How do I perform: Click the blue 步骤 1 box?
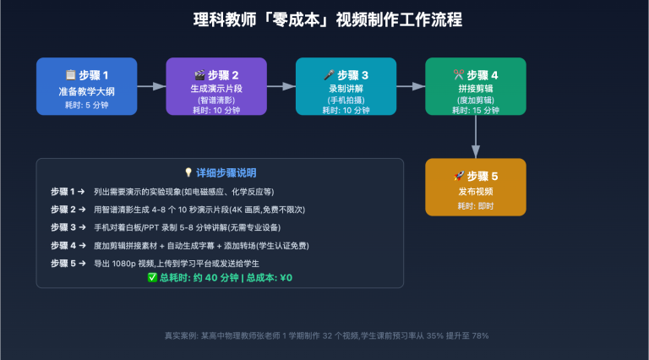(86, 86)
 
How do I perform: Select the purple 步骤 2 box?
(216, 86)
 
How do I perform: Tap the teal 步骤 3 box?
(346, 86)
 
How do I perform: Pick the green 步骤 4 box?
(475, 86)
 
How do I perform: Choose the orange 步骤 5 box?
(475, 187)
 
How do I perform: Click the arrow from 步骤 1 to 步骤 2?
(151, 86)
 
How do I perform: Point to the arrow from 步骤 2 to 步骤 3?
(281, 86)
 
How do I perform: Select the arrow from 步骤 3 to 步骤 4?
(411, 86)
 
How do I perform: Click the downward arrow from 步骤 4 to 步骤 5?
(475, 136)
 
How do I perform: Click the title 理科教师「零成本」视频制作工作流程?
(324, 19)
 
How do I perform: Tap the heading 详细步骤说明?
(226, 172)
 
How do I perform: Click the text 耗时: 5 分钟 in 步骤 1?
(86, 105)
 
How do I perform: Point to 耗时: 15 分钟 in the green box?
(475, 110)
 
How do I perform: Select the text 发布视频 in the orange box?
(475, 192)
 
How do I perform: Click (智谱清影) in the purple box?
(216, 100)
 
